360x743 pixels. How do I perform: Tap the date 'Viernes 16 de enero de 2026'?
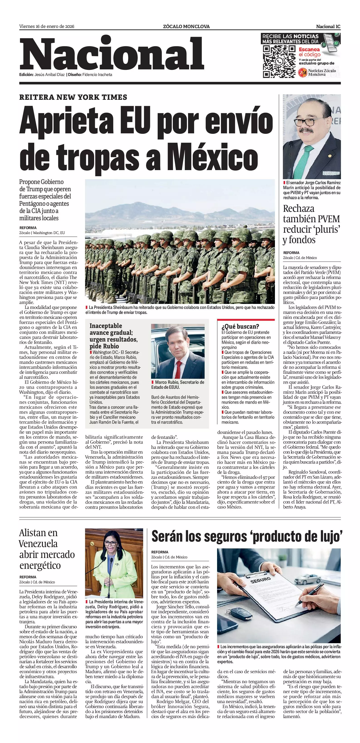coord(47,27)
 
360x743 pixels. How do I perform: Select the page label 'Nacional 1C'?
coord(328,27)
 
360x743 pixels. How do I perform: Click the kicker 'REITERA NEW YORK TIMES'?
coord(73,97)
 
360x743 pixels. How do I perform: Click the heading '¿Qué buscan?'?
coord(240,327)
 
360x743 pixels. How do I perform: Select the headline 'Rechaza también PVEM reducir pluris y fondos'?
coord(311,224)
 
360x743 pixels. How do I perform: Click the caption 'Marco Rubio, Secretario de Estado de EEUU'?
coord(177,384)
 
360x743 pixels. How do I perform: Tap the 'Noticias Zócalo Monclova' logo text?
coord(322,72)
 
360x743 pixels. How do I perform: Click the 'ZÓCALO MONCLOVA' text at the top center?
coord(186,27)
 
